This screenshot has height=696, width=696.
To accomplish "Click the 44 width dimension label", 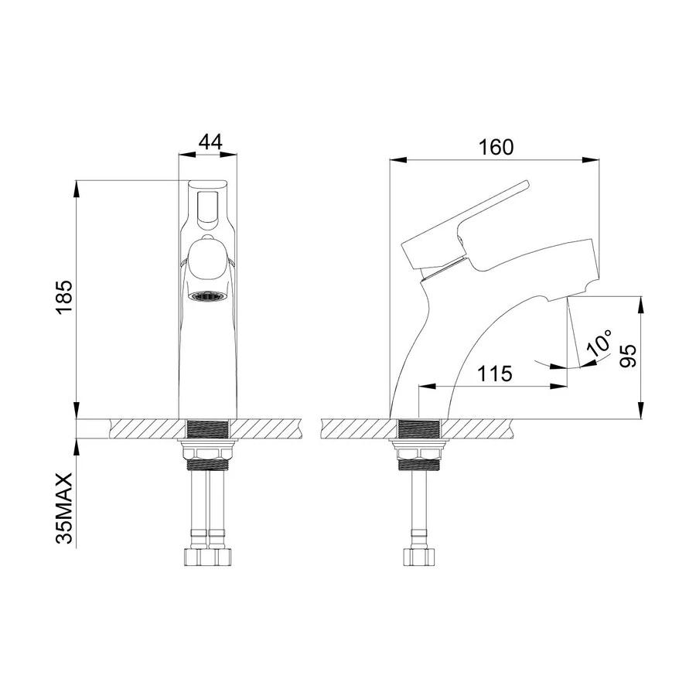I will (210, 142).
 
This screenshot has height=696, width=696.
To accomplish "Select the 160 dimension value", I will (495, 147).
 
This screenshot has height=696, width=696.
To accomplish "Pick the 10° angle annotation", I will (599, 343).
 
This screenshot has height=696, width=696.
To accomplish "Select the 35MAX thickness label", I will (64, 510).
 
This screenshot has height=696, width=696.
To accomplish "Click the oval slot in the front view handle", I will (206, 210).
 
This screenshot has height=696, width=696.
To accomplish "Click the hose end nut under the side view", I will (418, 557).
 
